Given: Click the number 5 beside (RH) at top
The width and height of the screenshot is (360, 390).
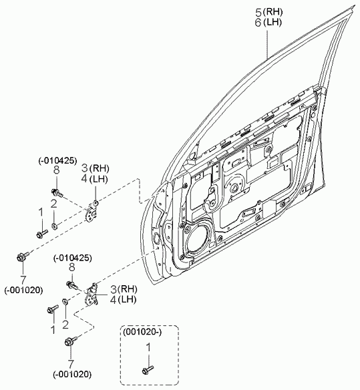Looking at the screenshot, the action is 258,13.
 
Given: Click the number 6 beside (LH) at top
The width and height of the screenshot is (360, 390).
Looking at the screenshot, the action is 258,23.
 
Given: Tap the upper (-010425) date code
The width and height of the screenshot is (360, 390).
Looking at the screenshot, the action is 57,161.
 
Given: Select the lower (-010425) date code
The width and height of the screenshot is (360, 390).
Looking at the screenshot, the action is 72,258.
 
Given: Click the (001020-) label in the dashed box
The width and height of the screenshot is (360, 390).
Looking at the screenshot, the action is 142,332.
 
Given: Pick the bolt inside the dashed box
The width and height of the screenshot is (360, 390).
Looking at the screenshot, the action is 148,369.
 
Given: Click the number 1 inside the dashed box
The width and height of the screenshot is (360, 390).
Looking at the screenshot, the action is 148,348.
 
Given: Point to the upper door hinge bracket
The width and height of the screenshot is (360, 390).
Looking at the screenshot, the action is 91,212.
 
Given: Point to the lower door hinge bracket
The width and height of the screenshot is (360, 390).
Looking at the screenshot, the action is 92,295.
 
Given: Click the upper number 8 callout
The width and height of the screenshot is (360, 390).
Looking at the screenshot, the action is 57,170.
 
